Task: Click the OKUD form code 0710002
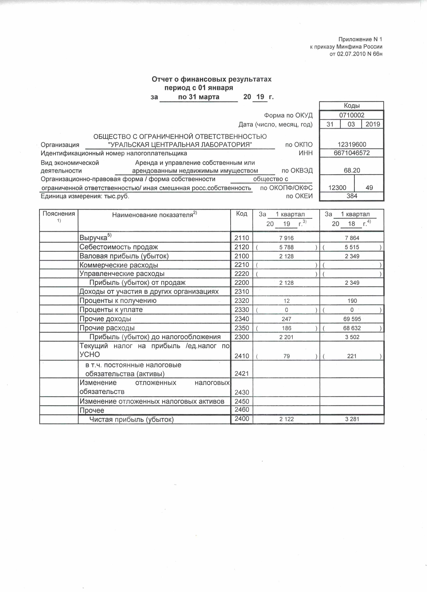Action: [352, 115]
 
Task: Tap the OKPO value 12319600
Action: [352, 144]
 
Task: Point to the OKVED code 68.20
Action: [352, 170]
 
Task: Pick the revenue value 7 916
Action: [286, 238]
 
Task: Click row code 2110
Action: [242, 238]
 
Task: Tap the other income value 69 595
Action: [352, 319]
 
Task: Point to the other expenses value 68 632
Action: [352, 328]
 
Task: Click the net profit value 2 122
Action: [286, 419]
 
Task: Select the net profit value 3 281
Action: [352, 419]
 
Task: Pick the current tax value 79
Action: [286, 356]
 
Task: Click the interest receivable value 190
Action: [352, 301]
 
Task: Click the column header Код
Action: [242, 214]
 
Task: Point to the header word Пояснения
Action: [59, 214]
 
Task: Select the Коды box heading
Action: [352, 105]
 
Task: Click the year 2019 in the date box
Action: [372, 124]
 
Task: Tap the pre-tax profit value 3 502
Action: [352, 337]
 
